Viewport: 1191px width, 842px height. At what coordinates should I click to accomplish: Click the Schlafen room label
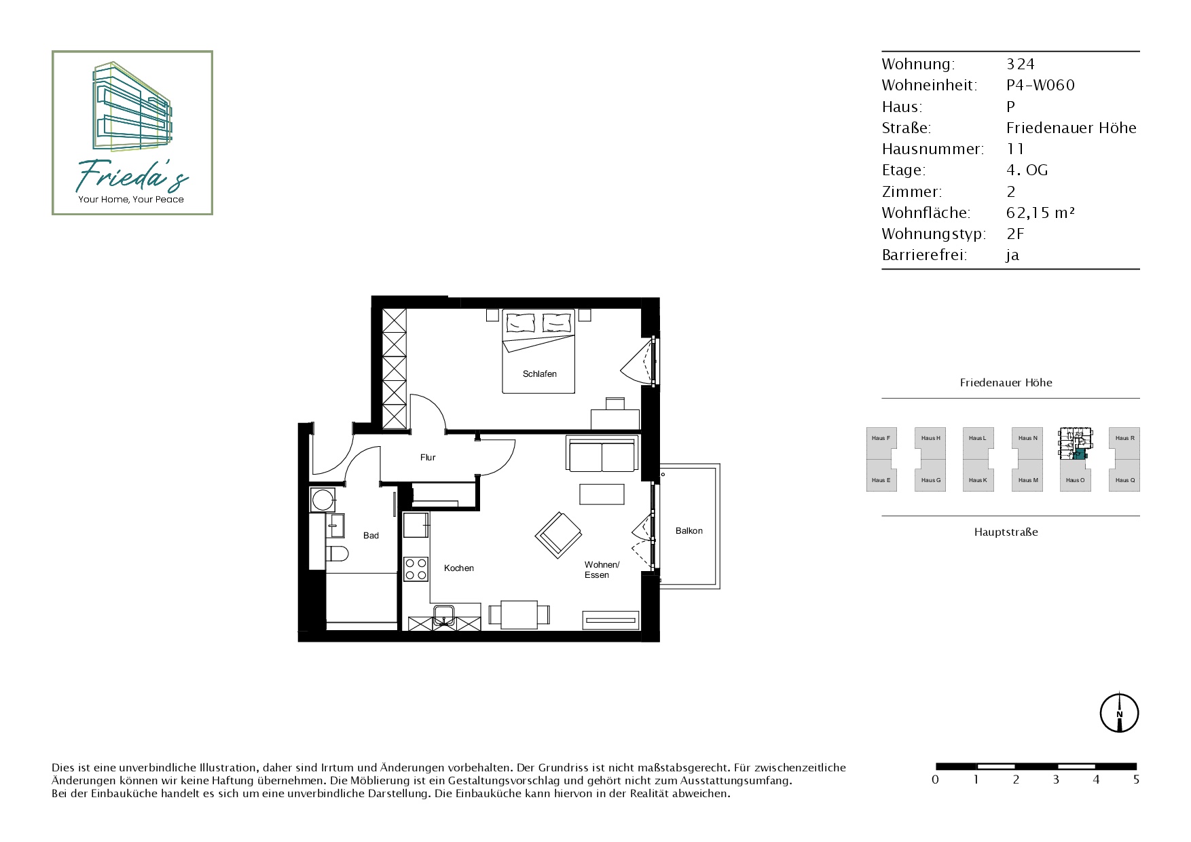coord(540,373)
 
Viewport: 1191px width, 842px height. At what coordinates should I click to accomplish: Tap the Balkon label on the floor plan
coord(689,531)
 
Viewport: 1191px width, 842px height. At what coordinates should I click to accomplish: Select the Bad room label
coord(371,536)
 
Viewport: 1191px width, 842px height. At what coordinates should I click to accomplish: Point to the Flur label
coord(428,458)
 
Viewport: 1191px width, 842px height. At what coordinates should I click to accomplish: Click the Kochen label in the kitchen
coord(459,568)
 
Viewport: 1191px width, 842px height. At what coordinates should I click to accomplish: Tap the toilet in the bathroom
coord(337,553)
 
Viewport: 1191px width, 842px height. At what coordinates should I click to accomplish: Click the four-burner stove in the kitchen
coord(416,569)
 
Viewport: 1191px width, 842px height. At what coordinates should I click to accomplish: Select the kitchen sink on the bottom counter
coord(445,615)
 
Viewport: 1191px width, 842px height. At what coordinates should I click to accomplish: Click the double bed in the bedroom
coord(538,351)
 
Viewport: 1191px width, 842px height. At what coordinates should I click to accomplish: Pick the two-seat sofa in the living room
coord(602,454)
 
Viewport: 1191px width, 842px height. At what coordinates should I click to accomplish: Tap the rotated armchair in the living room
coord(559,535)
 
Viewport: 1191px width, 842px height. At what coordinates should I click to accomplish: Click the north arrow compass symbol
coord(1119,713)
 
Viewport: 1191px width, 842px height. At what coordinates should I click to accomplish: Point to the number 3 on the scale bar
coord(1056,780)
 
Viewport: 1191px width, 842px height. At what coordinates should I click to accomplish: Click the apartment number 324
coord(1020,64)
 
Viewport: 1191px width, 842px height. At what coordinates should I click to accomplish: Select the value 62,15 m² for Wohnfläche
coord(1040,213)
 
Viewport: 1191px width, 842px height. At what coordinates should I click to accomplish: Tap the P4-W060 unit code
coord(1040,85)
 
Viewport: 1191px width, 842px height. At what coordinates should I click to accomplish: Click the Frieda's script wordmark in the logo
coord(131,175)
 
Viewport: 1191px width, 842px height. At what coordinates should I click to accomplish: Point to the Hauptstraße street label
coord(1006,532)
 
